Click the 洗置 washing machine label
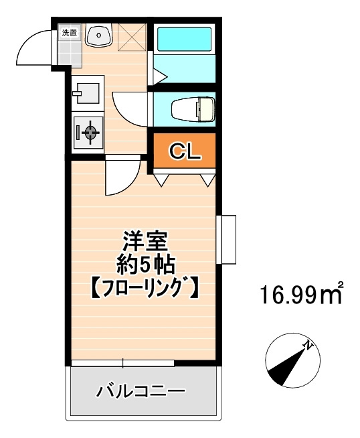pyautogui.click(x=69, y=33)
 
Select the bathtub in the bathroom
pyautogui.click(x=184, y=39)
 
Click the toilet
pyautogui.click(x=193, y=109)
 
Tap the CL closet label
pyautogui.click(x=184, y=151)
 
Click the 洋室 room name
pyautogui.click(x=145, y=241)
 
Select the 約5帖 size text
pyautogui.click(x=145, y=264)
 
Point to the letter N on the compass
pyautogui.click(x=308, y=346)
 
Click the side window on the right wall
pyautogui.click(x=226, y=239)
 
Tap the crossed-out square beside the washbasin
pyautogui.click(x=132, y=37)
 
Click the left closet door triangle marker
pyautogui.click(x=161, y=179)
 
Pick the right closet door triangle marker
pyautogui.click(x=207, y=179)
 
